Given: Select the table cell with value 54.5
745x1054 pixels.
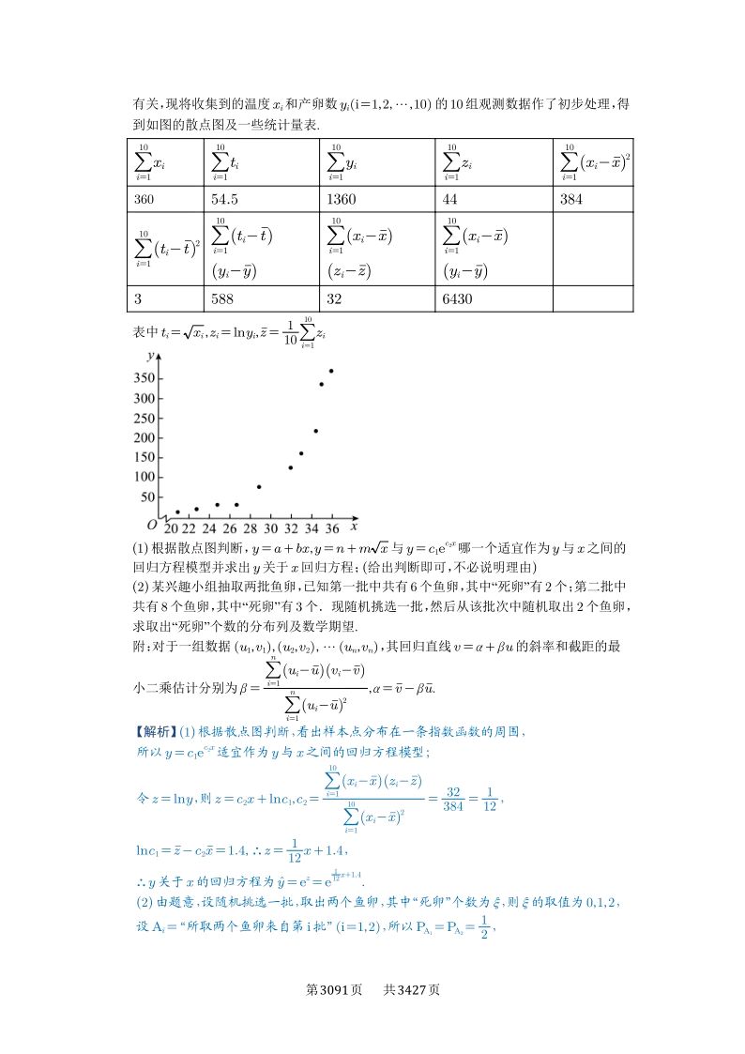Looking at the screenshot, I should tap(226, 199).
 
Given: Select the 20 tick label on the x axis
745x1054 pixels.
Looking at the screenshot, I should tap(169, 528).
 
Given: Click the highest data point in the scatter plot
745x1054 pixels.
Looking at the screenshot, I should tap(331, 371).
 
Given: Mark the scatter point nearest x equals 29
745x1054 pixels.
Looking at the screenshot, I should tap(259, 487).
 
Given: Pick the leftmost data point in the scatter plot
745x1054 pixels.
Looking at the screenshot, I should tap(177, 512).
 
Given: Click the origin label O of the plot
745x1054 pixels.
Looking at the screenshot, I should tap(150, 526).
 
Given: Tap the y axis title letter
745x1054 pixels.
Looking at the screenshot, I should tap(151, 356).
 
